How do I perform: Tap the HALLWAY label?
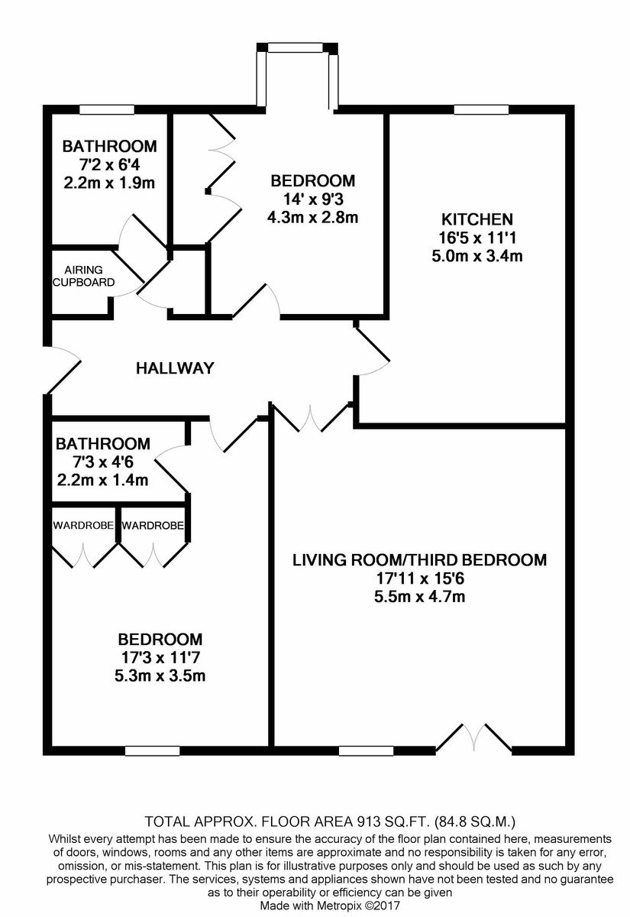(x=175, y=368)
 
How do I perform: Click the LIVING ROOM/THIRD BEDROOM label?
(x=419, y=560)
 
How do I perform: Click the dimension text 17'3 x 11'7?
(x=160, y=657)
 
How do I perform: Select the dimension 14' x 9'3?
(x=313, y=199)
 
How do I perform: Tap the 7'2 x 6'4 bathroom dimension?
(x=109, y=164)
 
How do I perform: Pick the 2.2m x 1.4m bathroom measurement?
(x=103, y=480)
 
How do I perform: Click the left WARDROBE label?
(x=83, y=526)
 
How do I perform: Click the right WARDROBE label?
(x=152, y=526)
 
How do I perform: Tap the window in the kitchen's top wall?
(x=481, y=110)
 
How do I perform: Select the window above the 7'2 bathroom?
(x=107, y=110)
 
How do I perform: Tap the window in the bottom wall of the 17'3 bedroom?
(x=152, y=750)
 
